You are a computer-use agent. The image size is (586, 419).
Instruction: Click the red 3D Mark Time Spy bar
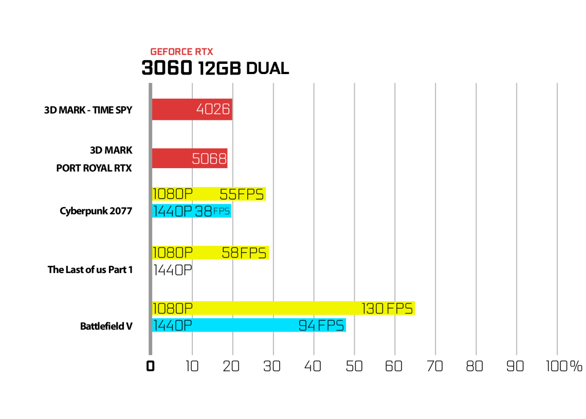[x=192, y=109]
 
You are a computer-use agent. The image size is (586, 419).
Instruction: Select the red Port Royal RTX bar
[x=190, y=158]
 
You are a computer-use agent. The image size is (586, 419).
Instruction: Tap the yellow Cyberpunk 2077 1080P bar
[x=209, y=194]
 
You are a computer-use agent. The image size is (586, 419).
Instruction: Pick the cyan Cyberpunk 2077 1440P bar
[x=192, y=211]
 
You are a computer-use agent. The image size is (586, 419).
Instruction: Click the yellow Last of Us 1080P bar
[x=210, y=252]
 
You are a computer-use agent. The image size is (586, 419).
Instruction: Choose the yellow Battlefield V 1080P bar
[x=283, y=308]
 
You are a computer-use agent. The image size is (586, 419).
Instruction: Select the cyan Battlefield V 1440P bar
[x=249, y=325]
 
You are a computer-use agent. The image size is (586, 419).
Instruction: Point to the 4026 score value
[x=213, y=109]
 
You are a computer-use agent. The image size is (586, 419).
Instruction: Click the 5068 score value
[x=209, y=158]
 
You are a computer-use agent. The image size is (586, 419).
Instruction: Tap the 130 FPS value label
[x=387, y=308]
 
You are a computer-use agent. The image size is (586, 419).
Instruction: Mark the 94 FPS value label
[x=321, y=325]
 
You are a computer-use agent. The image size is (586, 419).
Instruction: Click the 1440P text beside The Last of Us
[x=173, y=270]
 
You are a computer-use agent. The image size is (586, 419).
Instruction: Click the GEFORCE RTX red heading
[x=181, y=51]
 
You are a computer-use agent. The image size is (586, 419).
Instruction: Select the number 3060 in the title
[x=167, y=68]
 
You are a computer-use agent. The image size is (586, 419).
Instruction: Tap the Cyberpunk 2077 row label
[x=96, y=211]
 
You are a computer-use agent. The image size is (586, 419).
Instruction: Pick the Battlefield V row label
[x=106, y=326]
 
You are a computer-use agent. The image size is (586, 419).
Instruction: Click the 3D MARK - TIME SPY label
[x=88, y=110]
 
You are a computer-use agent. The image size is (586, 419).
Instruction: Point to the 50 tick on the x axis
[x=354, y=366]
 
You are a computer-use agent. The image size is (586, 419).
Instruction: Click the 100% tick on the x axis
[x=564, y=366]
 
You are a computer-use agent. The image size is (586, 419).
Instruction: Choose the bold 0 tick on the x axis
[x=150, y=366]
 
